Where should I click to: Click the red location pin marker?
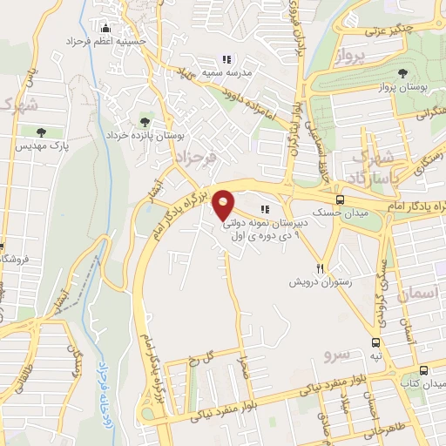coord(224,204)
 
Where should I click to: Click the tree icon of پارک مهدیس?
coord(40,132)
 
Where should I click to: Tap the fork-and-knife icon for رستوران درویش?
coord(321,269)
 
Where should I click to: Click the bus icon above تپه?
coord(375,342)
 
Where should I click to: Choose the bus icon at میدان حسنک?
coord(340,199)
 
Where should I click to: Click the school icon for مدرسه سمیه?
coord(226,60)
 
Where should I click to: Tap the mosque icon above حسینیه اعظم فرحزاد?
coord(105,27)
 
